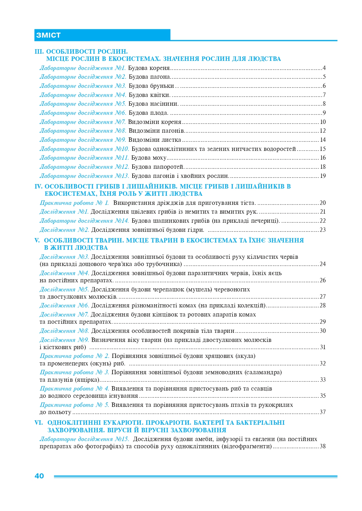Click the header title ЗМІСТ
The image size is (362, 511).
coord(48,35)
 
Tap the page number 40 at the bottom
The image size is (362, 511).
coord(39,476)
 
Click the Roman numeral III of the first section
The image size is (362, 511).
coord(39,51)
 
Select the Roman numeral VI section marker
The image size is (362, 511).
coord(39,423)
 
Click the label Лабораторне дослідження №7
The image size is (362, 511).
coord(83,122)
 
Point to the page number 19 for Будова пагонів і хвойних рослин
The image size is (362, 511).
coord(323,176)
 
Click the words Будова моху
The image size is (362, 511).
coord(149,158)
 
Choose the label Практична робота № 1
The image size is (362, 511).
coord(74,203)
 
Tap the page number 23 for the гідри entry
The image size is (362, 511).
coord(323,230)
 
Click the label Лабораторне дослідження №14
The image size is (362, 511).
coord(84,221)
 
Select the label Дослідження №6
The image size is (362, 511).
coord(64,306)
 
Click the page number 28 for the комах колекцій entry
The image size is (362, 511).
coord(323,306)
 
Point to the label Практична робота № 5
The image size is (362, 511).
coord(74,405)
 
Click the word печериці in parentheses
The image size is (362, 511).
coord(264,221)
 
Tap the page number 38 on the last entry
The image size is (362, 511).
coord(323,446)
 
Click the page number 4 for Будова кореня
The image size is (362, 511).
coord(324,68)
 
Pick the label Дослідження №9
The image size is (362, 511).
coord(64,340)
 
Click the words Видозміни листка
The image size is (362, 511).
coord(155,140)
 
